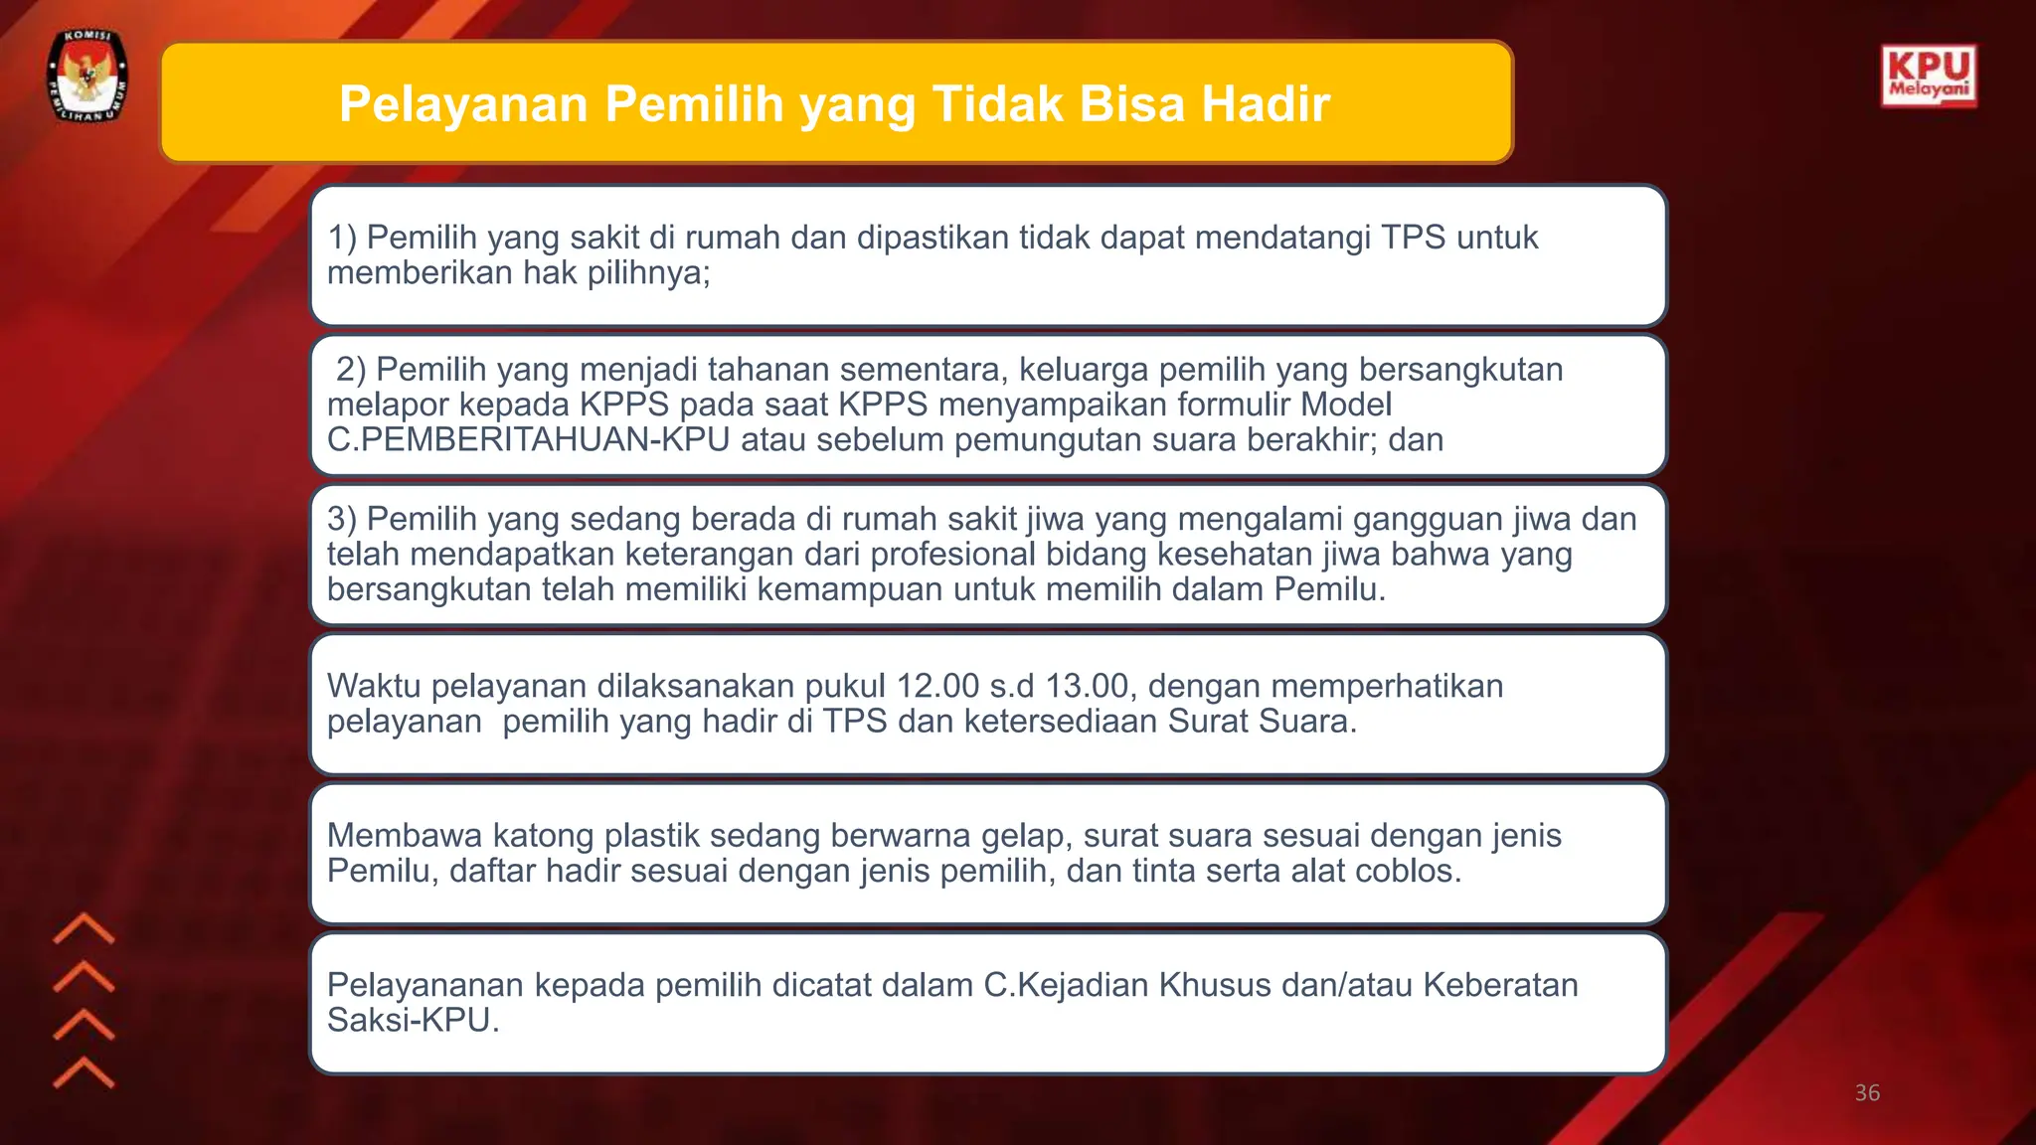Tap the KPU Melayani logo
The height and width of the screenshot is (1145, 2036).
pos(1929,76)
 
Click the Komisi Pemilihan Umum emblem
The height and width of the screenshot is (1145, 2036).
pos(88,77)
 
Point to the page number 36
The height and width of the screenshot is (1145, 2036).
pos(1867,1093)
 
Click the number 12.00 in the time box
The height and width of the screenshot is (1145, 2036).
pos(937,686)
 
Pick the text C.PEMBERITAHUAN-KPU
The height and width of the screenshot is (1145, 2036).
pos(528,439)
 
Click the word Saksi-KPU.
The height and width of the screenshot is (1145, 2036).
pos(413,1020)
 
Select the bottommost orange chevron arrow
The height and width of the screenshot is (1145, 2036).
pos(84,1072)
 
